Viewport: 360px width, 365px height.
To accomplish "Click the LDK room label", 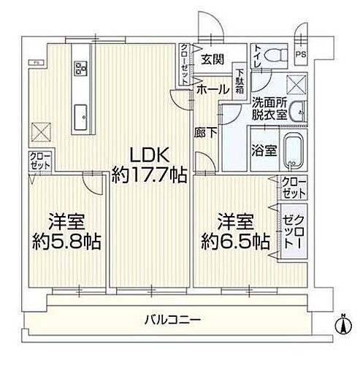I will [x=150, y=155].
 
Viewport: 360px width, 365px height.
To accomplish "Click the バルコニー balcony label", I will [x=173, y=318].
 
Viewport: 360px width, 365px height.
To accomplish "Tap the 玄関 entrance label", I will [x=212, y=60].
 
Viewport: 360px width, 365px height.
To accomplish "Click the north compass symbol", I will [x=341, y=320].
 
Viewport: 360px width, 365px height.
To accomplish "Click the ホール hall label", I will [x=211, y=88].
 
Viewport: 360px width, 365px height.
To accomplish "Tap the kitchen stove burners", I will [x=80, y=68].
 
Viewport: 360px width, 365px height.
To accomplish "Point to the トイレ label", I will [x=256, y=53].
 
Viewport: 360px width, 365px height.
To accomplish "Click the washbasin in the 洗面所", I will [x=296, y=113].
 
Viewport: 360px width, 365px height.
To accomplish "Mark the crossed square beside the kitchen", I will [x=39, y=131].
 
